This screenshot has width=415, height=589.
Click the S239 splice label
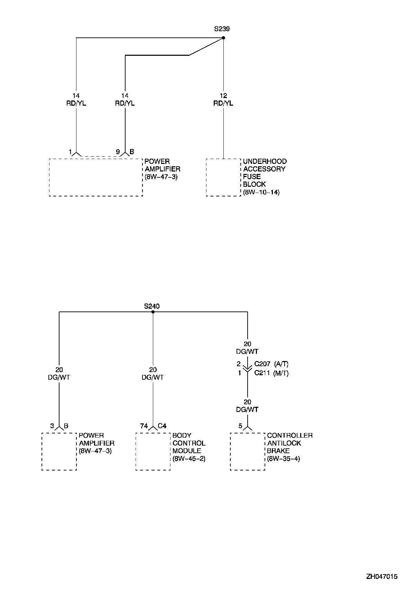click(x=222, y=29)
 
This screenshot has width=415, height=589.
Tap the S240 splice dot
click(x=153, y=312)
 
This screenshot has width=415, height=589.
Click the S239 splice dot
click(x=223, y=38)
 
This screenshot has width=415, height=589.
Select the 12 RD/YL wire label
click(x=223, y=99)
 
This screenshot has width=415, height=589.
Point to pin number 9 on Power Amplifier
click(x=118, y=152)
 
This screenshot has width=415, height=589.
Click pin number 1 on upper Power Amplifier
click(x=70, y=152)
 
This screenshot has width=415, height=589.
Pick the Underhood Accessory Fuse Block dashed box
click(x=223, y=177)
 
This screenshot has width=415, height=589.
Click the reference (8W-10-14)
click(x=261, y=192)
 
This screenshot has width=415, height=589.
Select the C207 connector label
click(x=262, y=364)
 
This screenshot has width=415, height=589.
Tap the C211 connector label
click(x=262, y=373)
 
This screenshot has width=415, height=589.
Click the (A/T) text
click(x=281, y=364)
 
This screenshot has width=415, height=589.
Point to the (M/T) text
click(x=281, y=373)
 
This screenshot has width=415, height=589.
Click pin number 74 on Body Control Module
click(x=144, y=426)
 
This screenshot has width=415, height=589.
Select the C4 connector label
click(x=162, y=426)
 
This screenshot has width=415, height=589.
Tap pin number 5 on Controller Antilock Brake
click(x=240, y=426)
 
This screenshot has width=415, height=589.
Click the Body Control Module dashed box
click(x=153, y=451)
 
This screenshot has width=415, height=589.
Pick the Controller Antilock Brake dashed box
click(x=248, y=451)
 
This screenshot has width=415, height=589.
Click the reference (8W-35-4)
click(x=284, y=459)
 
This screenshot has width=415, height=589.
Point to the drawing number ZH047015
click(x=382, y=577)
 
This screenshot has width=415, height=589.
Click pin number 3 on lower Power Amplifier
click(x=52, y=426)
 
